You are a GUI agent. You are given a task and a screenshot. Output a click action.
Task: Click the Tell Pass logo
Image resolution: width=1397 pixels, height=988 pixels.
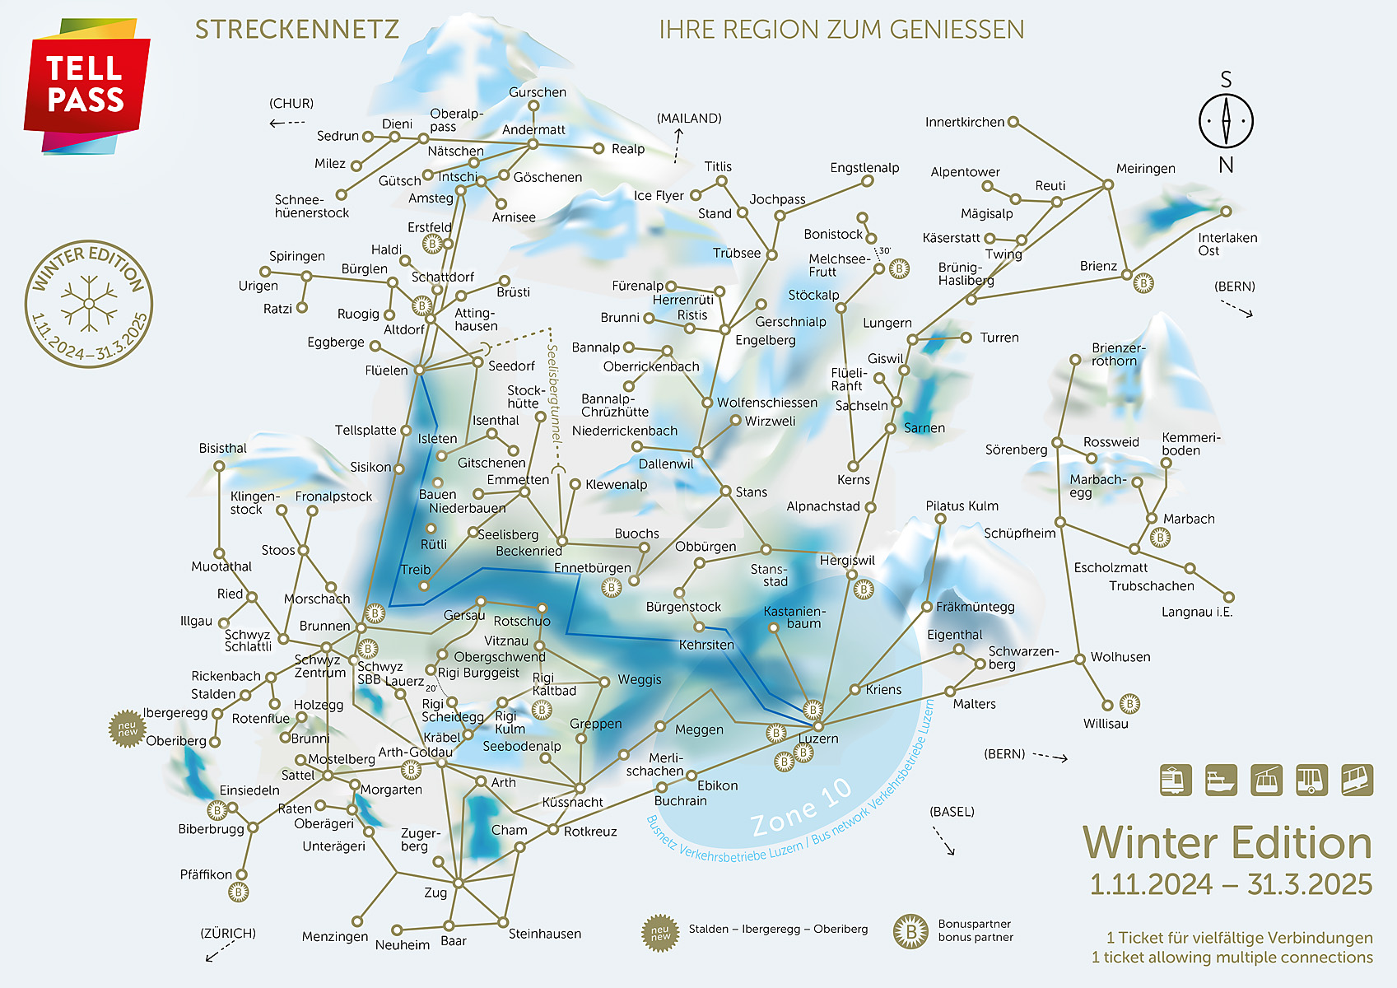tap(86, 86)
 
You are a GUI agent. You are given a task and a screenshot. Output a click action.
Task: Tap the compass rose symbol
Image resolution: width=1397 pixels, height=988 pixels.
tap(1225, 121)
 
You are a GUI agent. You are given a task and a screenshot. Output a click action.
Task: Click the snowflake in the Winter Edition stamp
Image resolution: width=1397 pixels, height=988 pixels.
tap(89, 304)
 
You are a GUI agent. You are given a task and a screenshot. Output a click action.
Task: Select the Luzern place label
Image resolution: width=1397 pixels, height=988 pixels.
tap(819, 739)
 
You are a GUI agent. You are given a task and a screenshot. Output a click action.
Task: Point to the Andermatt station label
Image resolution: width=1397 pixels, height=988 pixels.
tap(533, 129)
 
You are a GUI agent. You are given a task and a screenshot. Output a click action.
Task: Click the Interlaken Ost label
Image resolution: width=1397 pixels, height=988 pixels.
tap(1227, 244)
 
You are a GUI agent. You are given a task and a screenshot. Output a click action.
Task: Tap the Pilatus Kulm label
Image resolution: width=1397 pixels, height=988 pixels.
tap(962, 506)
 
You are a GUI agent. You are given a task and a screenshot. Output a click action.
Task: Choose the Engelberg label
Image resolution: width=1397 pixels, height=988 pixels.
tap(765, 340)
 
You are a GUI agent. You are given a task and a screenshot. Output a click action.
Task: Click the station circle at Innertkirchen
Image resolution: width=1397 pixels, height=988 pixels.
tap(1013, 122)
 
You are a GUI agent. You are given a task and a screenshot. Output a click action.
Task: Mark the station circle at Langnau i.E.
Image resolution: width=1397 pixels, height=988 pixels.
tap(1229, 598)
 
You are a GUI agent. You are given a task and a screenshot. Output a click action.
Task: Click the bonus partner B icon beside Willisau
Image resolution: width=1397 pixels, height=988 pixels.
tap(1130, 703)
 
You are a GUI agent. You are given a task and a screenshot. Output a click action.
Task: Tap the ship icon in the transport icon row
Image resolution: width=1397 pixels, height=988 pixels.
tap(1221, 779)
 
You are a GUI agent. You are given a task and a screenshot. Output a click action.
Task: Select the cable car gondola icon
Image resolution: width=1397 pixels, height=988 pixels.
tap(1266, 779)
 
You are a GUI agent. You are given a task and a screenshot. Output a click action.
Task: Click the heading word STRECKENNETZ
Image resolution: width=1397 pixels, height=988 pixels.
tap(296, 30)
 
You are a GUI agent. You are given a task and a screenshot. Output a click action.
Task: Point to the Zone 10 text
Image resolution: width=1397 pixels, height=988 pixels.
tap(801, 807)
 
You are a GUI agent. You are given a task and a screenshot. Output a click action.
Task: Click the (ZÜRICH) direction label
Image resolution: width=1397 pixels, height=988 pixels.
tap(228, 933)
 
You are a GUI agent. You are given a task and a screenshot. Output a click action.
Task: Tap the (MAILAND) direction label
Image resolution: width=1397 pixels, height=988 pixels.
tap(689, 119)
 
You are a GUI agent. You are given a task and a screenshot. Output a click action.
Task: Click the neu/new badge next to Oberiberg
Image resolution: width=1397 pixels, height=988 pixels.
tap(127, 729)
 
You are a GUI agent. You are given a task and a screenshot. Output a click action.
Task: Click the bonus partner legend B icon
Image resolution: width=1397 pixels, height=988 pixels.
tap(910, 931)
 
